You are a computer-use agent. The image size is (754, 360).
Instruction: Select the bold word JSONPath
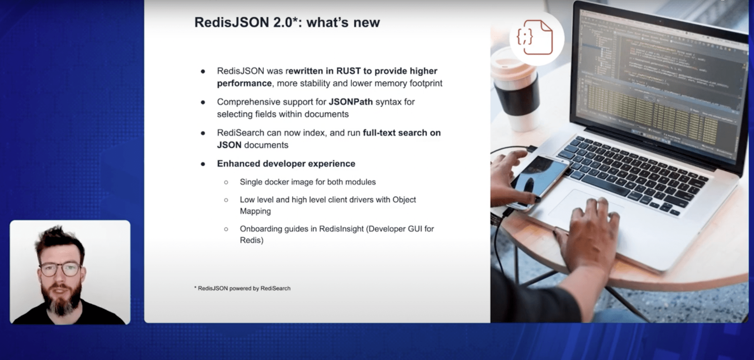pos(351,102)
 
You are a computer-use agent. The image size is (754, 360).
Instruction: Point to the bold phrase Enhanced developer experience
pos(286,164)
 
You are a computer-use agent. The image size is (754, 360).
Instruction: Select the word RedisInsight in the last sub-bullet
pos(341,229)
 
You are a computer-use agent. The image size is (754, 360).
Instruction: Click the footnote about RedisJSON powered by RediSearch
pos(242,289)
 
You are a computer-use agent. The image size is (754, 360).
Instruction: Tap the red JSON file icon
pos(535,38)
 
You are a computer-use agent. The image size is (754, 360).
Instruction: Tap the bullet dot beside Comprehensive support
pos(203,102)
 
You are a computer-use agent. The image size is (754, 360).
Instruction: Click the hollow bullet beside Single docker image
pos(226,183)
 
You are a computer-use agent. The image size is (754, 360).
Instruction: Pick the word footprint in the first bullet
pos(426,83)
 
